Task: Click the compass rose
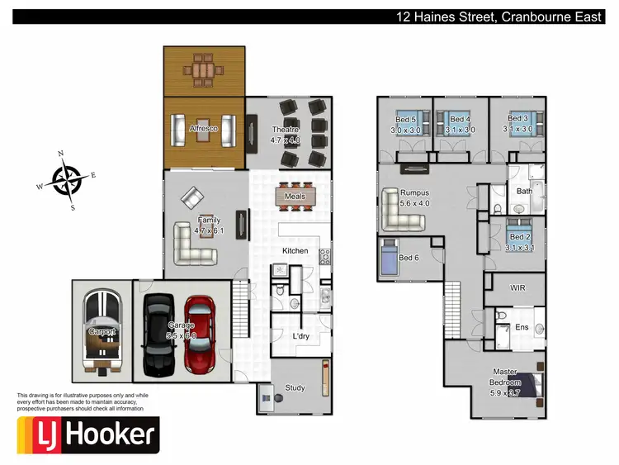click(67, 179)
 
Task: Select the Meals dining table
click(295, 197)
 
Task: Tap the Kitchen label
click(295, 250)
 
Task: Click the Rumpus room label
click(415, 192)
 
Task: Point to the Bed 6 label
click(409, 258)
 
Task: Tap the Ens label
click(521, 328)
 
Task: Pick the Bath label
click(525, 191)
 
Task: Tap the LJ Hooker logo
click(87, 434)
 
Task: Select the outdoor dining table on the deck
click(202, 70)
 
